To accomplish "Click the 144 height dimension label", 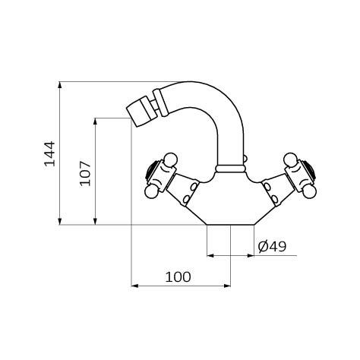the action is [x=49, y=153].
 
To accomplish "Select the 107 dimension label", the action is [x=85, y=174].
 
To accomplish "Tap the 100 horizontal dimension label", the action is [x=178, y=277].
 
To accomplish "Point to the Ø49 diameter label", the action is [x=272, y=246].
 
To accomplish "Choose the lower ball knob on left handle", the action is [x=151, y=191].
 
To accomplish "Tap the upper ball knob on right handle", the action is [x=290, y=159].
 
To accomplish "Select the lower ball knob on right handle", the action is [x=310, y=191].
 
